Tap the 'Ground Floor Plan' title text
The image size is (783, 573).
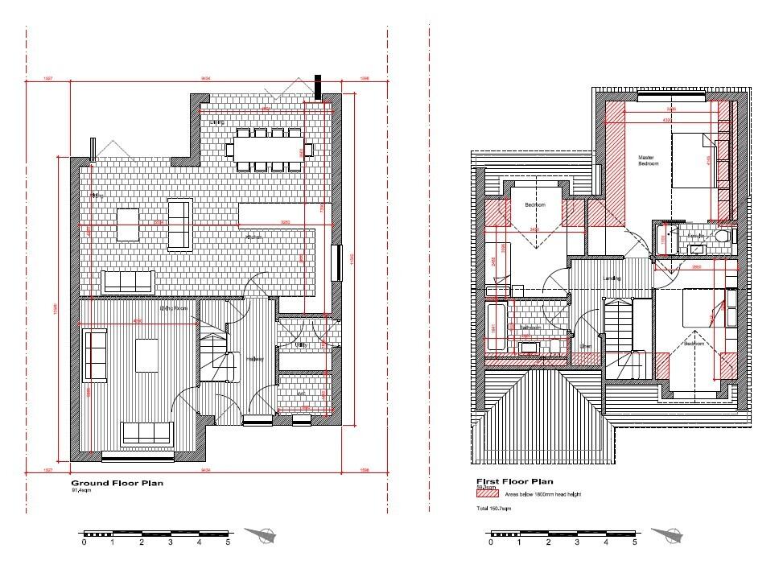pyautogui.click(x=117, y=484)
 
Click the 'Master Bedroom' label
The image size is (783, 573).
pyautogui.click(x=649, y=160)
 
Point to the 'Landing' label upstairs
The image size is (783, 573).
pyautogui.click(x=612, y=278)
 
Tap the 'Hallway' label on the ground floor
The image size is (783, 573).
pyautogui.click(x=255, y=359)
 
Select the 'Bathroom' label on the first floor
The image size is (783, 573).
pyautogui.click(x=528, y=328)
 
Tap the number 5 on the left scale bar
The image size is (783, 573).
pyautogui.click(x=229, y=543)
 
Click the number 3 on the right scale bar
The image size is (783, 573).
pyautogui.click(x=576, y=543)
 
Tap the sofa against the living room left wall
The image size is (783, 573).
pyautogui.click(x=95, y=355)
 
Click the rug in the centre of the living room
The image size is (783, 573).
pyautogui.click(x=147, y=355)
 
